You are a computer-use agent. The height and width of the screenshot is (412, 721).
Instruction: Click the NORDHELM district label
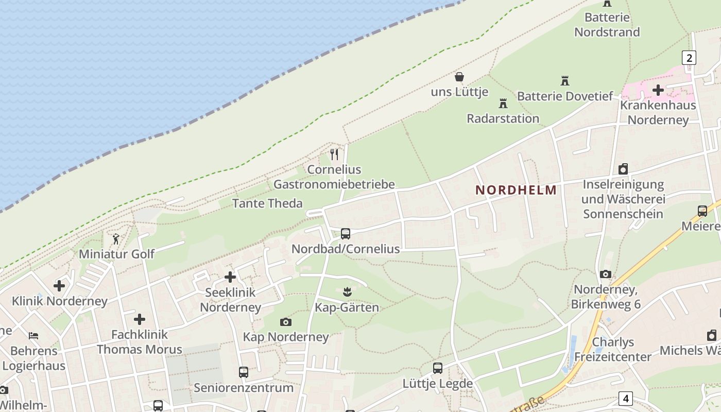[x=516, y=190]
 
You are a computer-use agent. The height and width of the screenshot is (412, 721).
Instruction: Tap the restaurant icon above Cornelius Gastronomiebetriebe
[x=335, y=154]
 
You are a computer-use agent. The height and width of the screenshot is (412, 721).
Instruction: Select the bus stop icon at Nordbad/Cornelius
[x=346, y=234]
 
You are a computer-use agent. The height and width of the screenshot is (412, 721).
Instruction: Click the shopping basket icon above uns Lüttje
[x=459, y=77]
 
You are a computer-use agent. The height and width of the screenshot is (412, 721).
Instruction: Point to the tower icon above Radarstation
[x=503, y=103]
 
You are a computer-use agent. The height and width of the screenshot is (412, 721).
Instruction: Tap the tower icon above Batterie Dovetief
[x=565, y=81]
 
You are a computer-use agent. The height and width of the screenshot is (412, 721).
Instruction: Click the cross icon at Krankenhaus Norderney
[x=658, y=90]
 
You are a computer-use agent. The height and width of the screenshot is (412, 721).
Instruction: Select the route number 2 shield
[x=689, y=58]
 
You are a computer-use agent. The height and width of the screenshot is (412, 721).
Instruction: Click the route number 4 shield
[x=626, y=398]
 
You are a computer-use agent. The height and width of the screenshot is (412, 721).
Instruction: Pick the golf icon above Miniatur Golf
[x=116, y=239]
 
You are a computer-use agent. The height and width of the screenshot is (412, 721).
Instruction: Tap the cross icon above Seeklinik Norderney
[x=230, y=277]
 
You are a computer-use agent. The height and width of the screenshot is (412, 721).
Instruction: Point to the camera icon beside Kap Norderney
[x=285, y=322]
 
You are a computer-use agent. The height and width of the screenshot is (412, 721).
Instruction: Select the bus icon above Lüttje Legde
[x=438, y=368]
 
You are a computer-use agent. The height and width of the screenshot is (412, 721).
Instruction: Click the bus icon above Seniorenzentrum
[x=244, y=372]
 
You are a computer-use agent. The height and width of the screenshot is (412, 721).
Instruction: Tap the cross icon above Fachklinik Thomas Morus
[x=139, y=319]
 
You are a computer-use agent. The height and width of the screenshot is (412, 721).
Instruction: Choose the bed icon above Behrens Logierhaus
[x=33, y=336]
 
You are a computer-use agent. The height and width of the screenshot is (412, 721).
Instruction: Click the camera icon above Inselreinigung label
[x=623, y=169]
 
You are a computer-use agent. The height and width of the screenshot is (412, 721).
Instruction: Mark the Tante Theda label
[x=267, y=203]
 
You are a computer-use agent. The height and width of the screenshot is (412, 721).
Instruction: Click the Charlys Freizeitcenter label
[x=612, y=349]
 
